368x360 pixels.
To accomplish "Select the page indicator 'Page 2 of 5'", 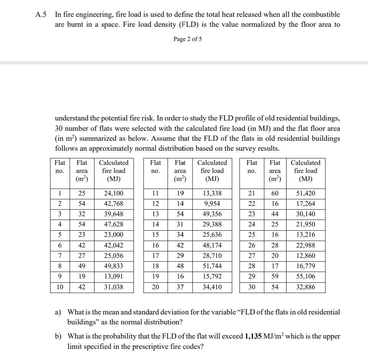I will tap(187, 39).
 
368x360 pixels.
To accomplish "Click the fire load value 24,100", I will tap(114, 194).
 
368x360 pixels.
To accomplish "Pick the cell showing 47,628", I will tap(114, 225).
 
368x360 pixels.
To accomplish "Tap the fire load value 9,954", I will tap(212, 204).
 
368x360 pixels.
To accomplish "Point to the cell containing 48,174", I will tap(212, 246).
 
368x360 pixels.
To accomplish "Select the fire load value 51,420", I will tap(305, 194).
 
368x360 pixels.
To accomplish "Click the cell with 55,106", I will tap(305, 277).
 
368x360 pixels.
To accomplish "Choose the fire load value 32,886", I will tap(305, 287).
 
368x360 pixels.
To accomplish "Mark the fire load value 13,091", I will tap(114, 277).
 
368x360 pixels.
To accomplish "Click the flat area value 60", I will tap(275, 194).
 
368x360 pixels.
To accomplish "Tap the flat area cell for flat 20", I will tap(180, 287).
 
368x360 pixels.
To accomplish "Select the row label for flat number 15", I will tap(155, 235).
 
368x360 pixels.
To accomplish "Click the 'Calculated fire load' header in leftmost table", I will tap(114, 171).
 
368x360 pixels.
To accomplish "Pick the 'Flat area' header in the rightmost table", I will tap(275, 171).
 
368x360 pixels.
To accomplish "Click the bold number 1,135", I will tap(253, 337).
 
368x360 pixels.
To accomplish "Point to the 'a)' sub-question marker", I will tap(58, 313).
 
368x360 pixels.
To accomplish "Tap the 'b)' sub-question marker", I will tap(58, 337).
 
